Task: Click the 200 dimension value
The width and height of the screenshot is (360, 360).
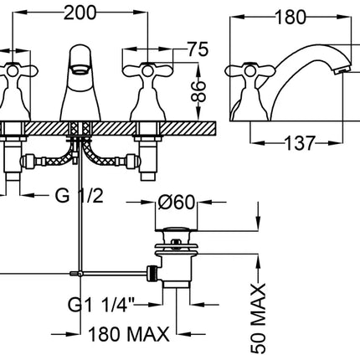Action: click(80, 13)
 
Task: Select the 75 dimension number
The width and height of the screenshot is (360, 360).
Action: click(198, 49)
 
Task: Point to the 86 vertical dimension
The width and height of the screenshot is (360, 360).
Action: click(198, 91)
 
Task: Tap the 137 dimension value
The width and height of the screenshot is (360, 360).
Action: click(300, 143)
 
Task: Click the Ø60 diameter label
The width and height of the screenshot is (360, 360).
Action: click(176, 202)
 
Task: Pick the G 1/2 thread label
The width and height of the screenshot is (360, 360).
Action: click(80, 195)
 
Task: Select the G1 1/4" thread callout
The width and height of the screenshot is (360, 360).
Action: click(101, 305)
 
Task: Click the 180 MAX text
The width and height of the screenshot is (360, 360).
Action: click(129, 334)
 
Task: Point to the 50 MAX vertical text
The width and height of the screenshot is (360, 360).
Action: click(258, 319)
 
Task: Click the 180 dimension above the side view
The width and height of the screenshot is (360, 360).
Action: click(291, 17)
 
